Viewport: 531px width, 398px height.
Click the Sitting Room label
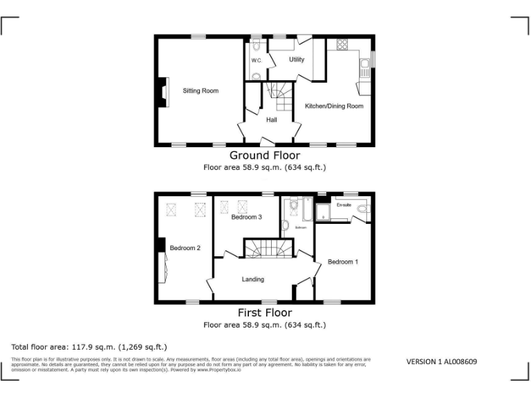[x=201, y=91]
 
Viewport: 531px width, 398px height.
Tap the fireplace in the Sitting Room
[x=162, y=92]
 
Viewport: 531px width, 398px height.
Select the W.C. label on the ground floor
[x=256, y=61]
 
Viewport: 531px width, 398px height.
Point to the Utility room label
[x=296, y=59]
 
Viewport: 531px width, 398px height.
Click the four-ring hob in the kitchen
[x=341, y=45]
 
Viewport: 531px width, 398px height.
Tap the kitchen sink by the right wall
[x=364, y=67]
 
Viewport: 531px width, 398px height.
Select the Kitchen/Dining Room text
[x=334, y=106]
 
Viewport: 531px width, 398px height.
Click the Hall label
[x=271, y=120]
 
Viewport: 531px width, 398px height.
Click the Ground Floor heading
[x=265, y=155]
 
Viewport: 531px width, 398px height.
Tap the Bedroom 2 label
[x=185, y=248]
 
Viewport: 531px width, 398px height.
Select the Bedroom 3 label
[x=246, y=217]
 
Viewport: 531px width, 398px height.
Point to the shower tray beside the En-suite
[x=324, y=213]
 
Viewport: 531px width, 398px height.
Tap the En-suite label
[x=344, y=205]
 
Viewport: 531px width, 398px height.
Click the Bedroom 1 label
[x=343, y=262]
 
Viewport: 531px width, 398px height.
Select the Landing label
[x=252, y=279]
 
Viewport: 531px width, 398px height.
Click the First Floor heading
[x=265, y=313]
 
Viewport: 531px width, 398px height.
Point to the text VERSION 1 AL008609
[x=441, y=361]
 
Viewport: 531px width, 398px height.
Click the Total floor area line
[x=89, y=346]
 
